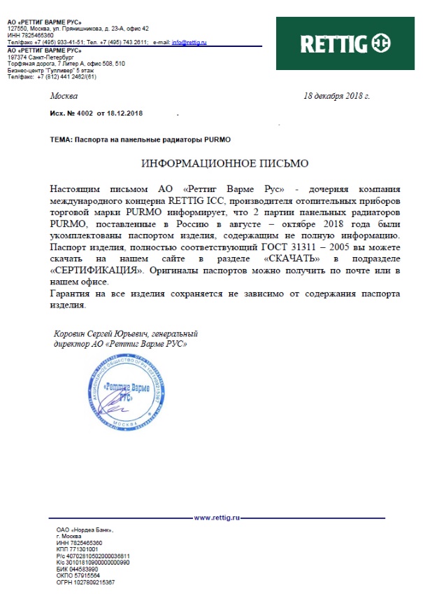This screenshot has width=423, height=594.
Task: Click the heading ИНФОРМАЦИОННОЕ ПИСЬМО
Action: click(x=224, y=163)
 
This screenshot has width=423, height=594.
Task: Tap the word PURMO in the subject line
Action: click(x=217, y=139)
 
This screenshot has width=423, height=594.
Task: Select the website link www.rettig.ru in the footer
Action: click(x=217, y=517)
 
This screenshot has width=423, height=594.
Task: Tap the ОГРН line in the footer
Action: click(x=86, y=582)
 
